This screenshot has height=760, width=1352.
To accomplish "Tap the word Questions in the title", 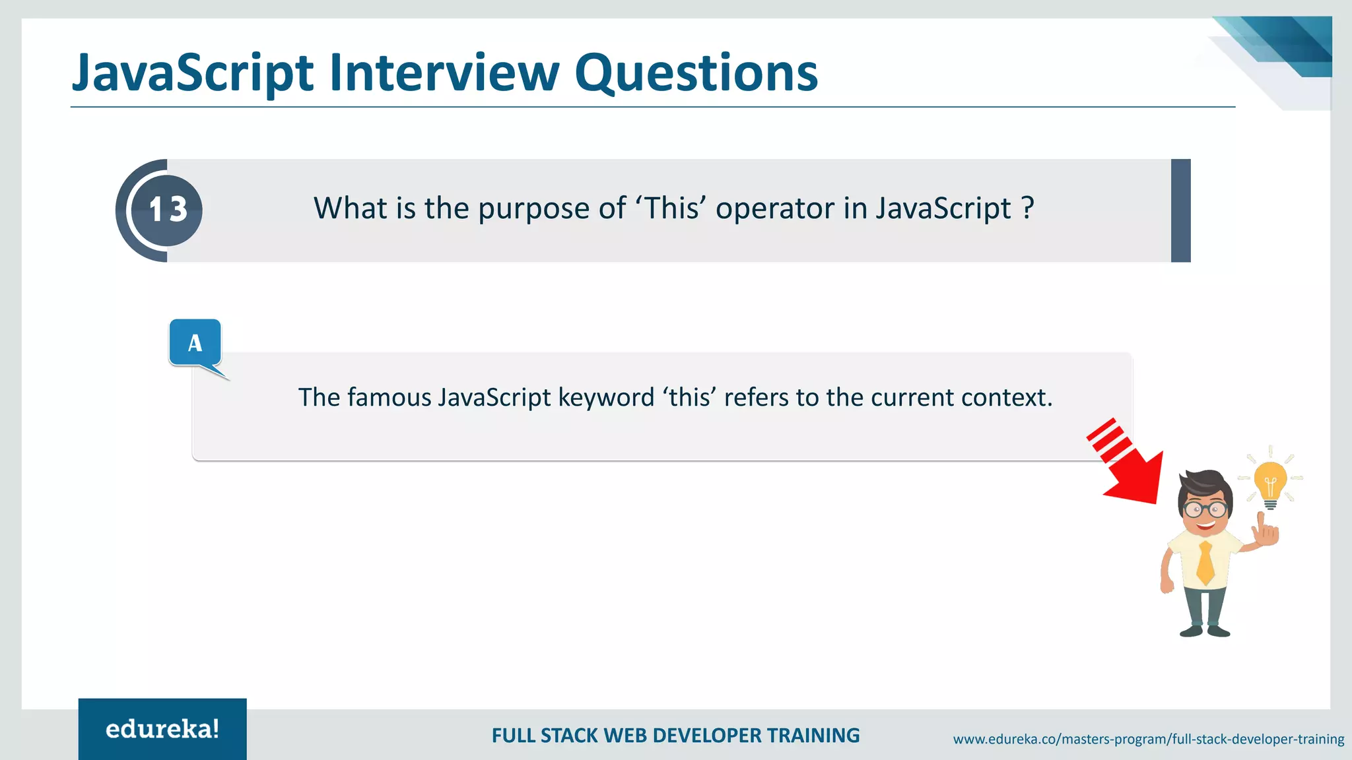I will tap(696, 74).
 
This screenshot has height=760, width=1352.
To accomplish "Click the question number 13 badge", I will tap(168, 210).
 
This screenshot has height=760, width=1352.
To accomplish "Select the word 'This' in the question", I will tap(671, 208).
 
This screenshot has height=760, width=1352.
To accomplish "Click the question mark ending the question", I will tap(1027, 208).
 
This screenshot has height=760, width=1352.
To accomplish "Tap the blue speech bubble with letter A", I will tap(195, 343).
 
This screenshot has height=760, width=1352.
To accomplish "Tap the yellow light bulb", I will tap(1270, 482).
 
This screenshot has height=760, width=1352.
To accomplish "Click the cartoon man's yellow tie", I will tap(1205, 562).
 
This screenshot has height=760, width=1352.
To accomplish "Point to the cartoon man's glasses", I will tap(1205, 509).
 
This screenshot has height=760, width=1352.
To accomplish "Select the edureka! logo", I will tap(162, 729).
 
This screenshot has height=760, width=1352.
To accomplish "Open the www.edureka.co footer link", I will tap(1148, 739).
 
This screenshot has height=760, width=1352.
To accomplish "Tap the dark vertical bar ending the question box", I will tap(1180, 210).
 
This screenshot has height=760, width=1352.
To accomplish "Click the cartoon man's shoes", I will tap(1205, 631).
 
